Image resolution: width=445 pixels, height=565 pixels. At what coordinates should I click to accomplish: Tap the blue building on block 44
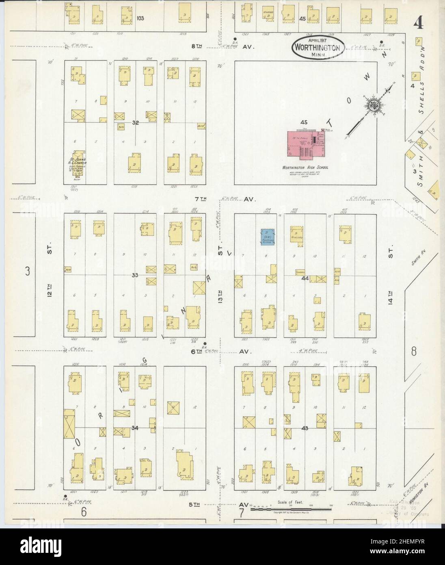(268, 237)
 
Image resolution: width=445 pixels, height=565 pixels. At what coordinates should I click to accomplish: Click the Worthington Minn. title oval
(318, 48)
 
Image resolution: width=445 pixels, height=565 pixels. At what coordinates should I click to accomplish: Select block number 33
(135, 275)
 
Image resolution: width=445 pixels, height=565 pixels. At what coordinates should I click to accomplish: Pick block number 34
(135, 427)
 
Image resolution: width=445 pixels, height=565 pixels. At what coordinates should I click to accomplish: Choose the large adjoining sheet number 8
(414, 351)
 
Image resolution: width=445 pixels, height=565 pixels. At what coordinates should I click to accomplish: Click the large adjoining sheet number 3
(27, 271)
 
